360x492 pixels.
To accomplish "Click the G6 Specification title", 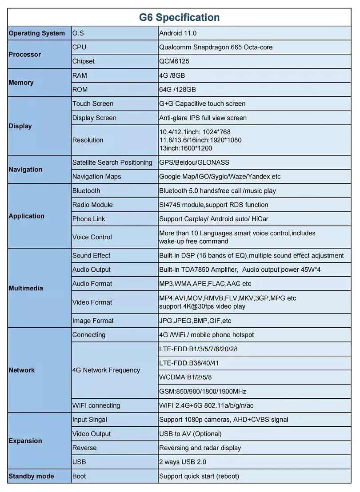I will [x=180, y=18].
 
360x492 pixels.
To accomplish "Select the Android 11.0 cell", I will [x=178, y=33].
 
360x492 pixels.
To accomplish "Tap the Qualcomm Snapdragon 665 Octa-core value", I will [x=216, y=48].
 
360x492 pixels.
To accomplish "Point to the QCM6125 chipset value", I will [x=174, y=61].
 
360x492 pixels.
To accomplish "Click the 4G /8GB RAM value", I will [x=172, y=75].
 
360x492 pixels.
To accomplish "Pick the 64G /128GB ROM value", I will [x=177, y=90].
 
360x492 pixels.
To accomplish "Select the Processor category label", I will [x=25, y=55].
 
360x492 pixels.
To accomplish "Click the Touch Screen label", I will [x=93, y=104].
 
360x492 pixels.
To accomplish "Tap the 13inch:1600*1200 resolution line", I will [x=186, y=148].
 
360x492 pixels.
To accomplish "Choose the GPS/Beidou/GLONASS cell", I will [x=194, y=163].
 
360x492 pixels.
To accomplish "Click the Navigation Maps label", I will [x=96, y=177].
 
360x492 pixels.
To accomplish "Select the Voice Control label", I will [x=92, y=237].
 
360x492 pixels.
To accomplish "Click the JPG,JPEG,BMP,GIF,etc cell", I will [x=195, y=321].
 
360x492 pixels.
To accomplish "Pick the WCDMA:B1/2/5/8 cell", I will [x=185, y=377].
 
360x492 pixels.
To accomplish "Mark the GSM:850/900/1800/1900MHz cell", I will [x=203, y=392].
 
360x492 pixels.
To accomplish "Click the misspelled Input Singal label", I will [x=90, y=420].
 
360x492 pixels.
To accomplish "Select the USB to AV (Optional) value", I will [x=190, y=434].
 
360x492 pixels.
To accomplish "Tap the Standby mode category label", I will [x=31, y=476].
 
